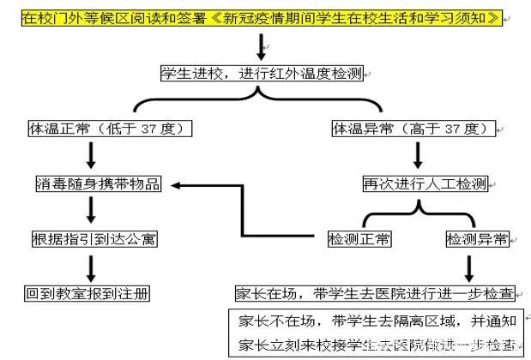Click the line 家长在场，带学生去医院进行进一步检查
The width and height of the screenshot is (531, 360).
tap(375, 293)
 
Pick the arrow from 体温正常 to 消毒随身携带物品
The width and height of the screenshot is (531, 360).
tap(91, 155)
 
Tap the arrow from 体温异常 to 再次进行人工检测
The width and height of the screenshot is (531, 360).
tap(419, 155)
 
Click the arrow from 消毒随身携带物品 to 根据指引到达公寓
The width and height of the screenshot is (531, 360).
tap(91, 210)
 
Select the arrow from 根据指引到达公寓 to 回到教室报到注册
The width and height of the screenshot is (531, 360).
tap(91, 265)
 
